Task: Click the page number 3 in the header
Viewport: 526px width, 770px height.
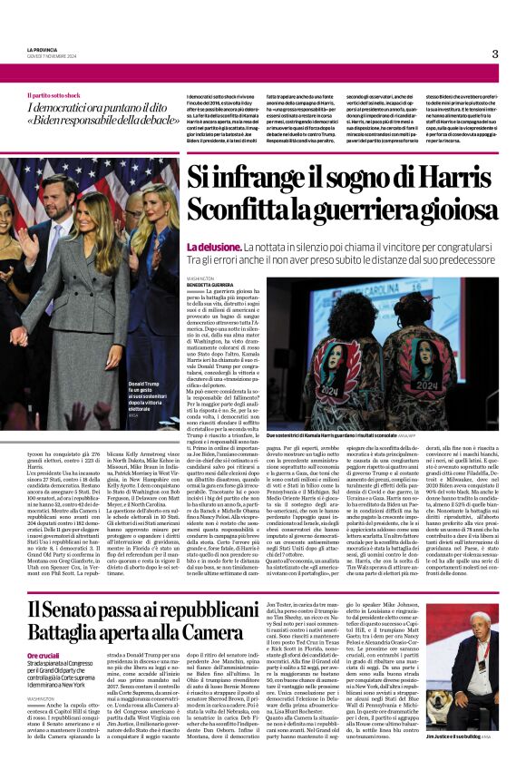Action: click(x=494, y=54)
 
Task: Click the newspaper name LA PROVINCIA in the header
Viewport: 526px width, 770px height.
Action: click(x=41, y=50)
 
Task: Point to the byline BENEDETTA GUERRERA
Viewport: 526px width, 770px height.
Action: click(x=211, y=284)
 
